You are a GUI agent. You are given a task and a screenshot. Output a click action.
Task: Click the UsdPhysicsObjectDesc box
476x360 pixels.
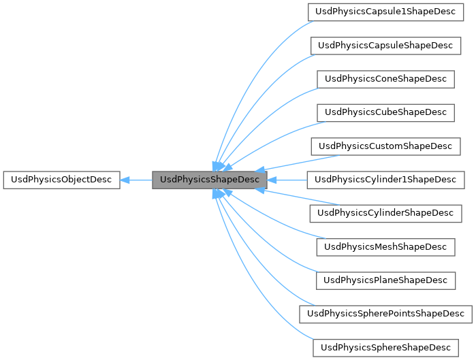61,180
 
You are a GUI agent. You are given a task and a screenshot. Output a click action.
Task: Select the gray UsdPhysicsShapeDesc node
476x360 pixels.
209,180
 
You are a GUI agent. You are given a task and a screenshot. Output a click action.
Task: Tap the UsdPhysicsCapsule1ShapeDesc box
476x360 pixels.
385,12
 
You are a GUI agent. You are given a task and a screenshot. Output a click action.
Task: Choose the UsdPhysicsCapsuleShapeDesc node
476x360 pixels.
385,46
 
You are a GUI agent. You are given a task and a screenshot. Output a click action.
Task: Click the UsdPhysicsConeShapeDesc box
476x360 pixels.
385,79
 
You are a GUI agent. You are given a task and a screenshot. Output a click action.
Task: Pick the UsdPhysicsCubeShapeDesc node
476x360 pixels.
385,112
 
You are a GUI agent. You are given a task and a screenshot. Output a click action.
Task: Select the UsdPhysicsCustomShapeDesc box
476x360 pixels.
385,146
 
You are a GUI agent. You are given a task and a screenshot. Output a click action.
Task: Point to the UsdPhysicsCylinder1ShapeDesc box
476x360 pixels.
385,180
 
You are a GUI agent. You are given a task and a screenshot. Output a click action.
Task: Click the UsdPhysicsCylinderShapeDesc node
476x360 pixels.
385,213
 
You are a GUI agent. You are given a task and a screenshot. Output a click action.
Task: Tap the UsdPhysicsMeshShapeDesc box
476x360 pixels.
385,246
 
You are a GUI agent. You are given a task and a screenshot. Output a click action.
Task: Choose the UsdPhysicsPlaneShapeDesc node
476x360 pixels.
385,280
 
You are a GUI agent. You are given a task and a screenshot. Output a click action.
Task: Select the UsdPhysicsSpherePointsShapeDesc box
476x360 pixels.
385,313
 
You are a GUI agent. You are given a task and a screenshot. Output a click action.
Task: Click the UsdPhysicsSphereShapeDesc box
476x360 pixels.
385,347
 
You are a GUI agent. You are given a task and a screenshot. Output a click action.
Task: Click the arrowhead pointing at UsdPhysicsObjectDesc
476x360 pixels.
125,180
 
